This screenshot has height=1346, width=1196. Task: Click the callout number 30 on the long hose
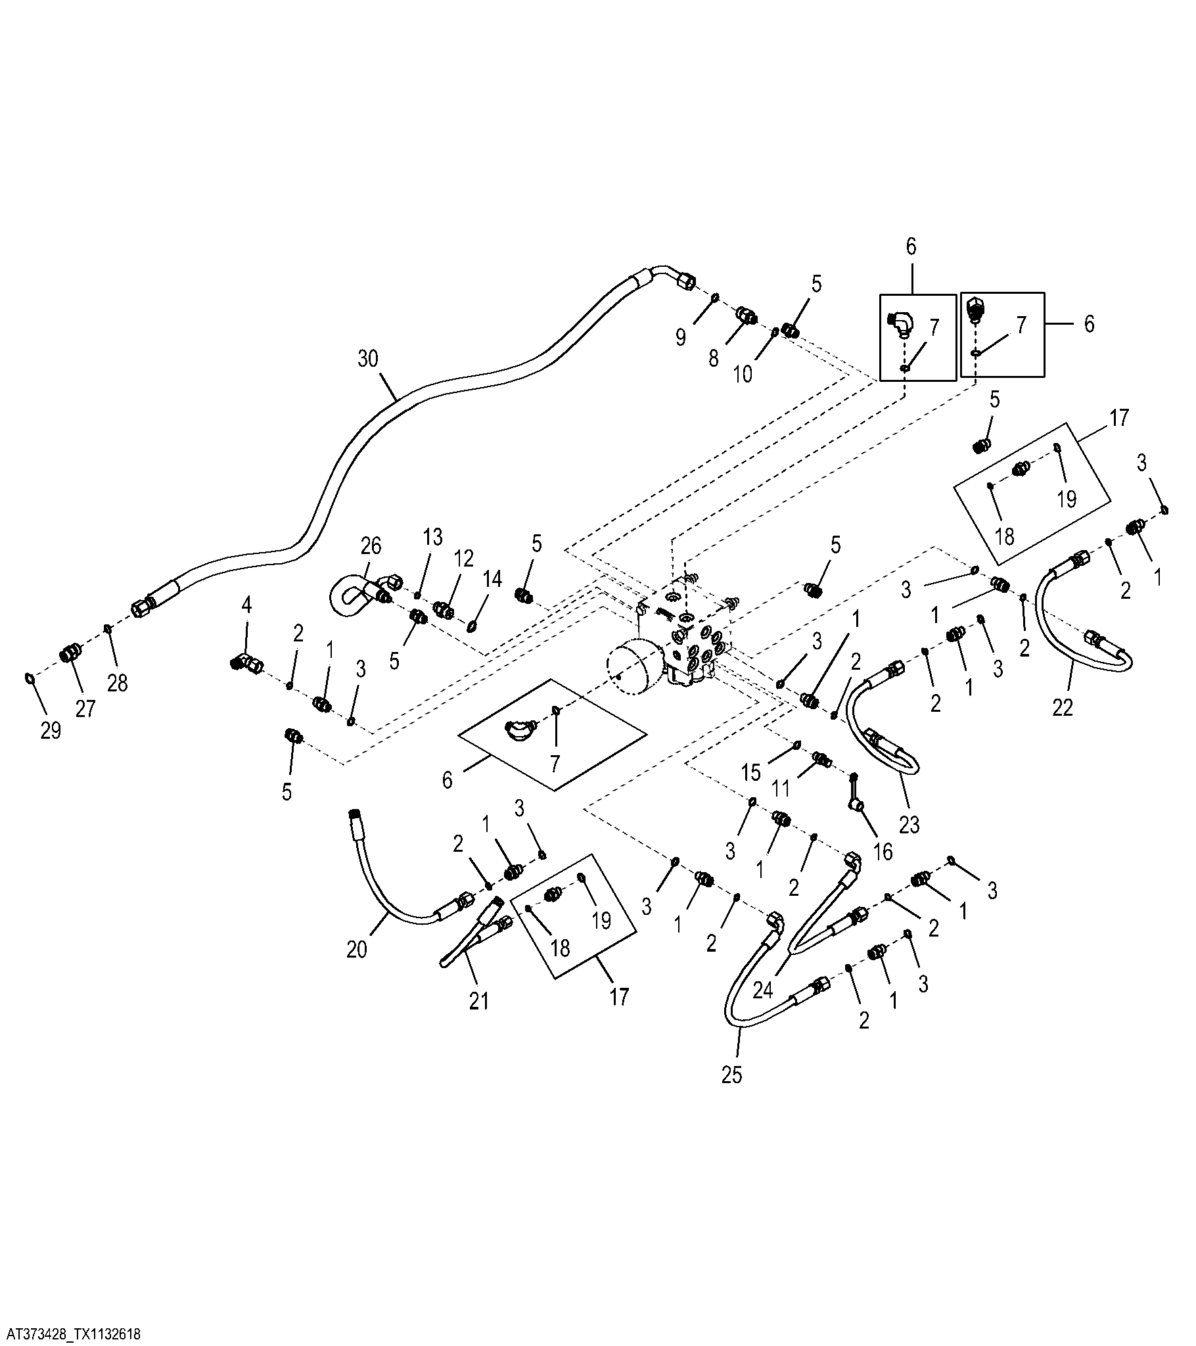tap(368, 359)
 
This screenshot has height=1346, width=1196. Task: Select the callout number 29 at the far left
tap(51, 731)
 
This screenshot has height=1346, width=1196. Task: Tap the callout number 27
tap(85, 708)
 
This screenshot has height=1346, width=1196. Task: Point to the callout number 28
tap(117, 684)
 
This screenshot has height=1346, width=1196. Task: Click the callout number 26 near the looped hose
tap(371, 546)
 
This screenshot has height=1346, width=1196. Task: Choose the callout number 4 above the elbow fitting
tap(246, 605)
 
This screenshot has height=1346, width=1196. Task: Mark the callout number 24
tap(763, 991)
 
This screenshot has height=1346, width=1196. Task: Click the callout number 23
tap(909, 824)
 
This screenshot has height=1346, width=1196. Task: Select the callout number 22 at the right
tap(1063, 707)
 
